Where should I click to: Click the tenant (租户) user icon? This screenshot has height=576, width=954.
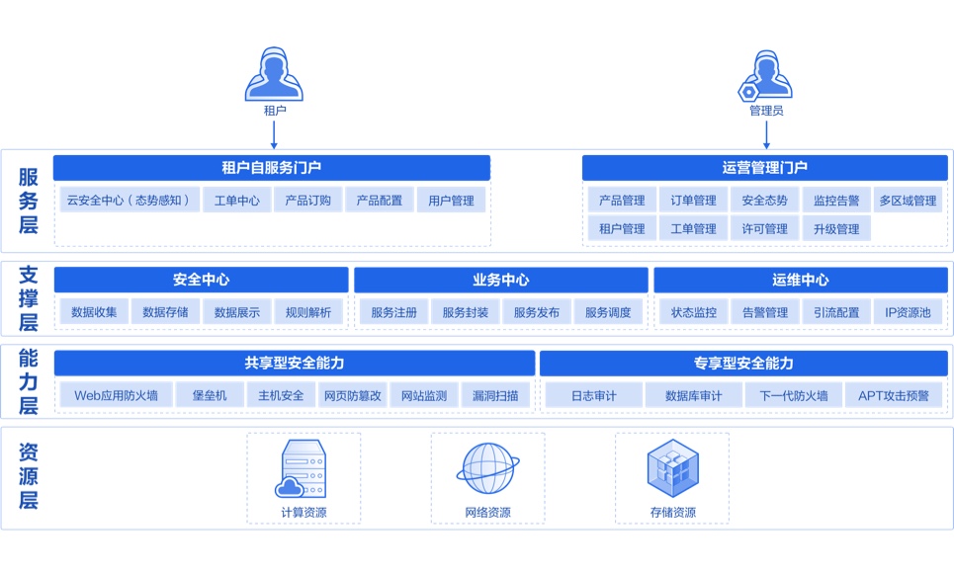273,75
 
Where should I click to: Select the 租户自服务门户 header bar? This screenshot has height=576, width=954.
272,168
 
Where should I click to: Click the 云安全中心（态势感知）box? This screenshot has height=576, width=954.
129,201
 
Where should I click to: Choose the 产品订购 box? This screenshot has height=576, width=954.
308,201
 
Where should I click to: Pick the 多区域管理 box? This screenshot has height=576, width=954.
908,201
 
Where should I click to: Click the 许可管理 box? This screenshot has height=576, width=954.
765,229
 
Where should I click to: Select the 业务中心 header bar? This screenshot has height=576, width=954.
501,281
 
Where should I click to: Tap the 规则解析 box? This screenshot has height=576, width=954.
308,312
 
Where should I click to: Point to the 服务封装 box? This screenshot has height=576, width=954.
466,312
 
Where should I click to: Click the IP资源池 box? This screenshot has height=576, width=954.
908,312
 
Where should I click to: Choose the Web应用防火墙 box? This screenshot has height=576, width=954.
115,396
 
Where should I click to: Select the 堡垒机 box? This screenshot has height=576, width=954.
209,396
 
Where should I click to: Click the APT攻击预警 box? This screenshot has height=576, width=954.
894,396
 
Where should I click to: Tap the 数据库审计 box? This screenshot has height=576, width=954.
693,396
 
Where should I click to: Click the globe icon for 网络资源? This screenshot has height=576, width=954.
487,468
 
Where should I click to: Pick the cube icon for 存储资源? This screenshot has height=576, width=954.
672,468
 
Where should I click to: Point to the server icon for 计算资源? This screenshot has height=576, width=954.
302,468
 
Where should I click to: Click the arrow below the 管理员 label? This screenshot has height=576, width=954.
766,133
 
